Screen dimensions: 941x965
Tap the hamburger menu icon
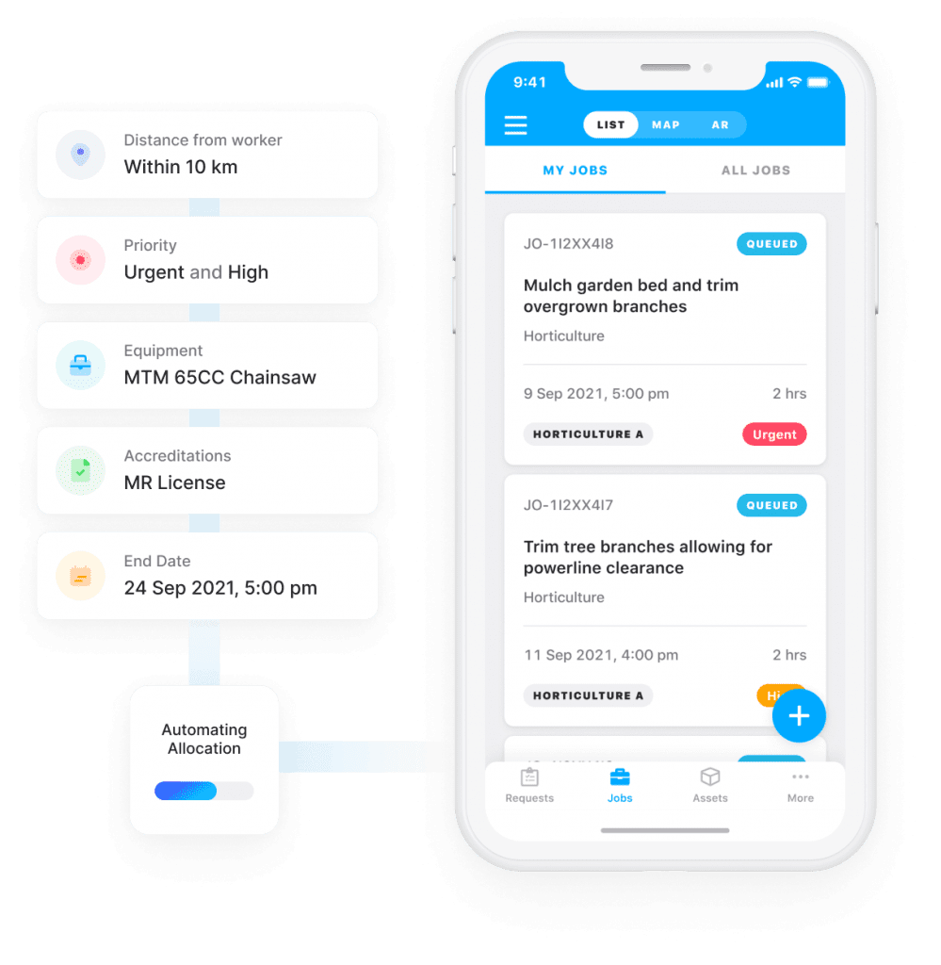point(515,125)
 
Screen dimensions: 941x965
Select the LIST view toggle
point(610,125)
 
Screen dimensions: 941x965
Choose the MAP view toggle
point(665,125)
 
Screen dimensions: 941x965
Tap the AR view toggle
point(721,125)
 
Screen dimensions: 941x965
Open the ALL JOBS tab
point(755,171)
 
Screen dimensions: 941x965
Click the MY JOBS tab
point(575,171)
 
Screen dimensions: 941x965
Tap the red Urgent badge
point(774,434)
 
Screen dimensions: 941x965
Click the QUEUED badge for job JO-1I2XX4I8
point(771,244)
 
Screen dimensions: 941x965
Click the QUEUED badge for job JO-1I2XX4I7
point(771,505)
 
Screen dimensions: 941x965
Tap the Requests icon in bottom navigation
point(529,777)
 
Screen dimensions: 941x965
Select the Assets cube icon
point(710,777)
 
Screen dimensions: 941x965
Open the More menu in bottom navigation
point(800,786)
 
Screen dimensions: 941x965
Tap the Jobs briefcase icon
point(620,777)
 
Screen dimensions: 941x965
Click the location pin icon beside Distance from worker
point(81,155)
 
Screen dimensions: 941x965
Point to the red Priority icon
point(81,260)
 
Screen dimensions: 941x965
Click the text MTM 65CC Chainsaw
point(220,377)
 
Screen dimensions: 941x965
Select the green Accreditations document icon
point(81,470)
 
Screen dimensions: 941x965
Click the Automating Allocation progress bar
point(204,791)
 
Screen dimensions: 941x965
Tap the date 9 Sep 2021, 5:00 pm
point(596,394)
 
